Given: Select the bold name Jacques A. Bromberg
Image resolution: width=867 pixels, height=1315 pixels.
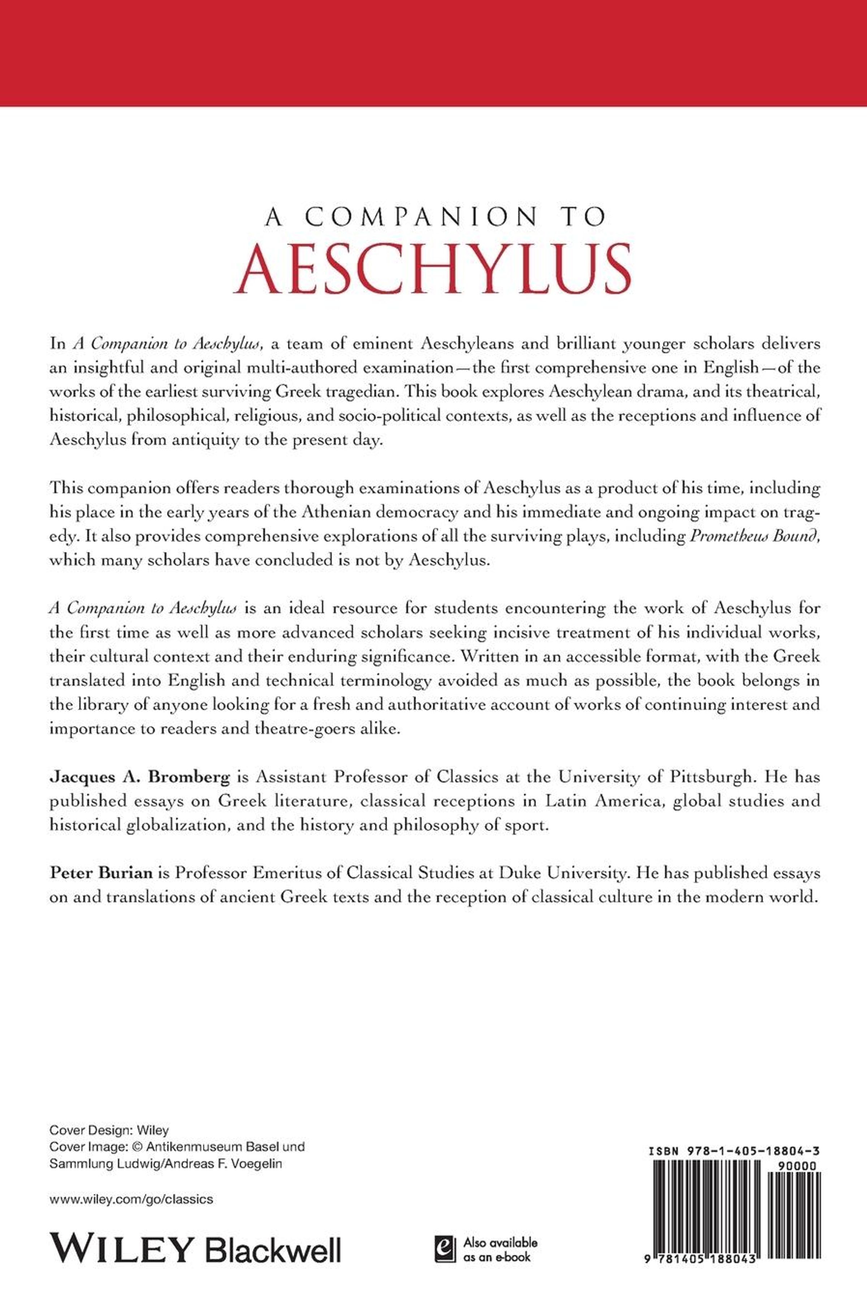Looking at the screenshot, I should (140, 777).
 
